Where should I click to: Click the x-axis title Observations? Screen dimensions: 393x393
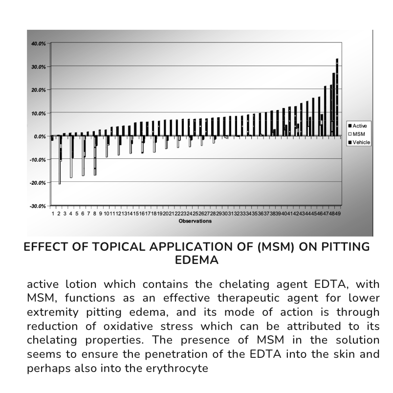(195, 221)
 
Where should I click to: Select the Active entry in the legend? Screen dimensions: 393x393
(359, 126)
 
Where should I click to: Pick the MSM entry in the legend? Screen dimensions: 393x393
(358, 134)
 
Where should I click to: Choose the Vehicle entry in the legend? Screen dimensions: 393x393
(361, 142)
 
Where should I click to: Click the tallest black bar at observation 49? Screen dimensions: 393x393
(337, 98)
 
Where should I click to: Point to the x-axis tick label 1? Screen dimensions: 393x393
(52, 214)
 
